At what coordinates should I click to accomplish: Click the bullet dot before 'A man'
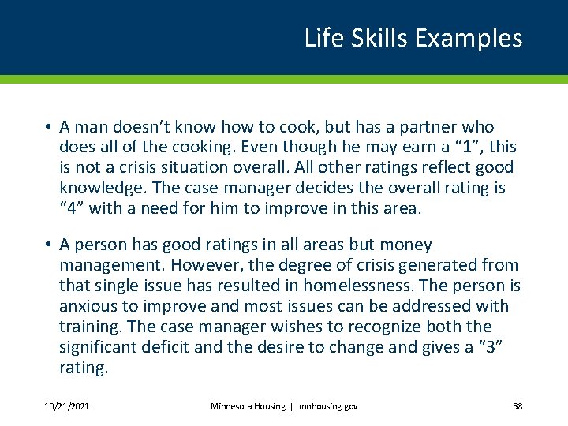48,127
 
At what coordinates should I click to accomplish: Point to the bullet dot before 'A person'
48,245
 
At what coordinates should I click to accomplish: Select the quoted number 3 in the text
491,347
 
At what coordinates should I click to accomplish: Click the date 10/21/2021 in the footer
67,406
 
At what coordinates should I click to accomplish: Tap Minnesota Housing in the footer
248,406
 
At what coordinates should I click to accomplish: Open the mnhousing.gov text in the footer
327,406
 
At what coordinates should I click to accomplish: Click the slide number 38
518,406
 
